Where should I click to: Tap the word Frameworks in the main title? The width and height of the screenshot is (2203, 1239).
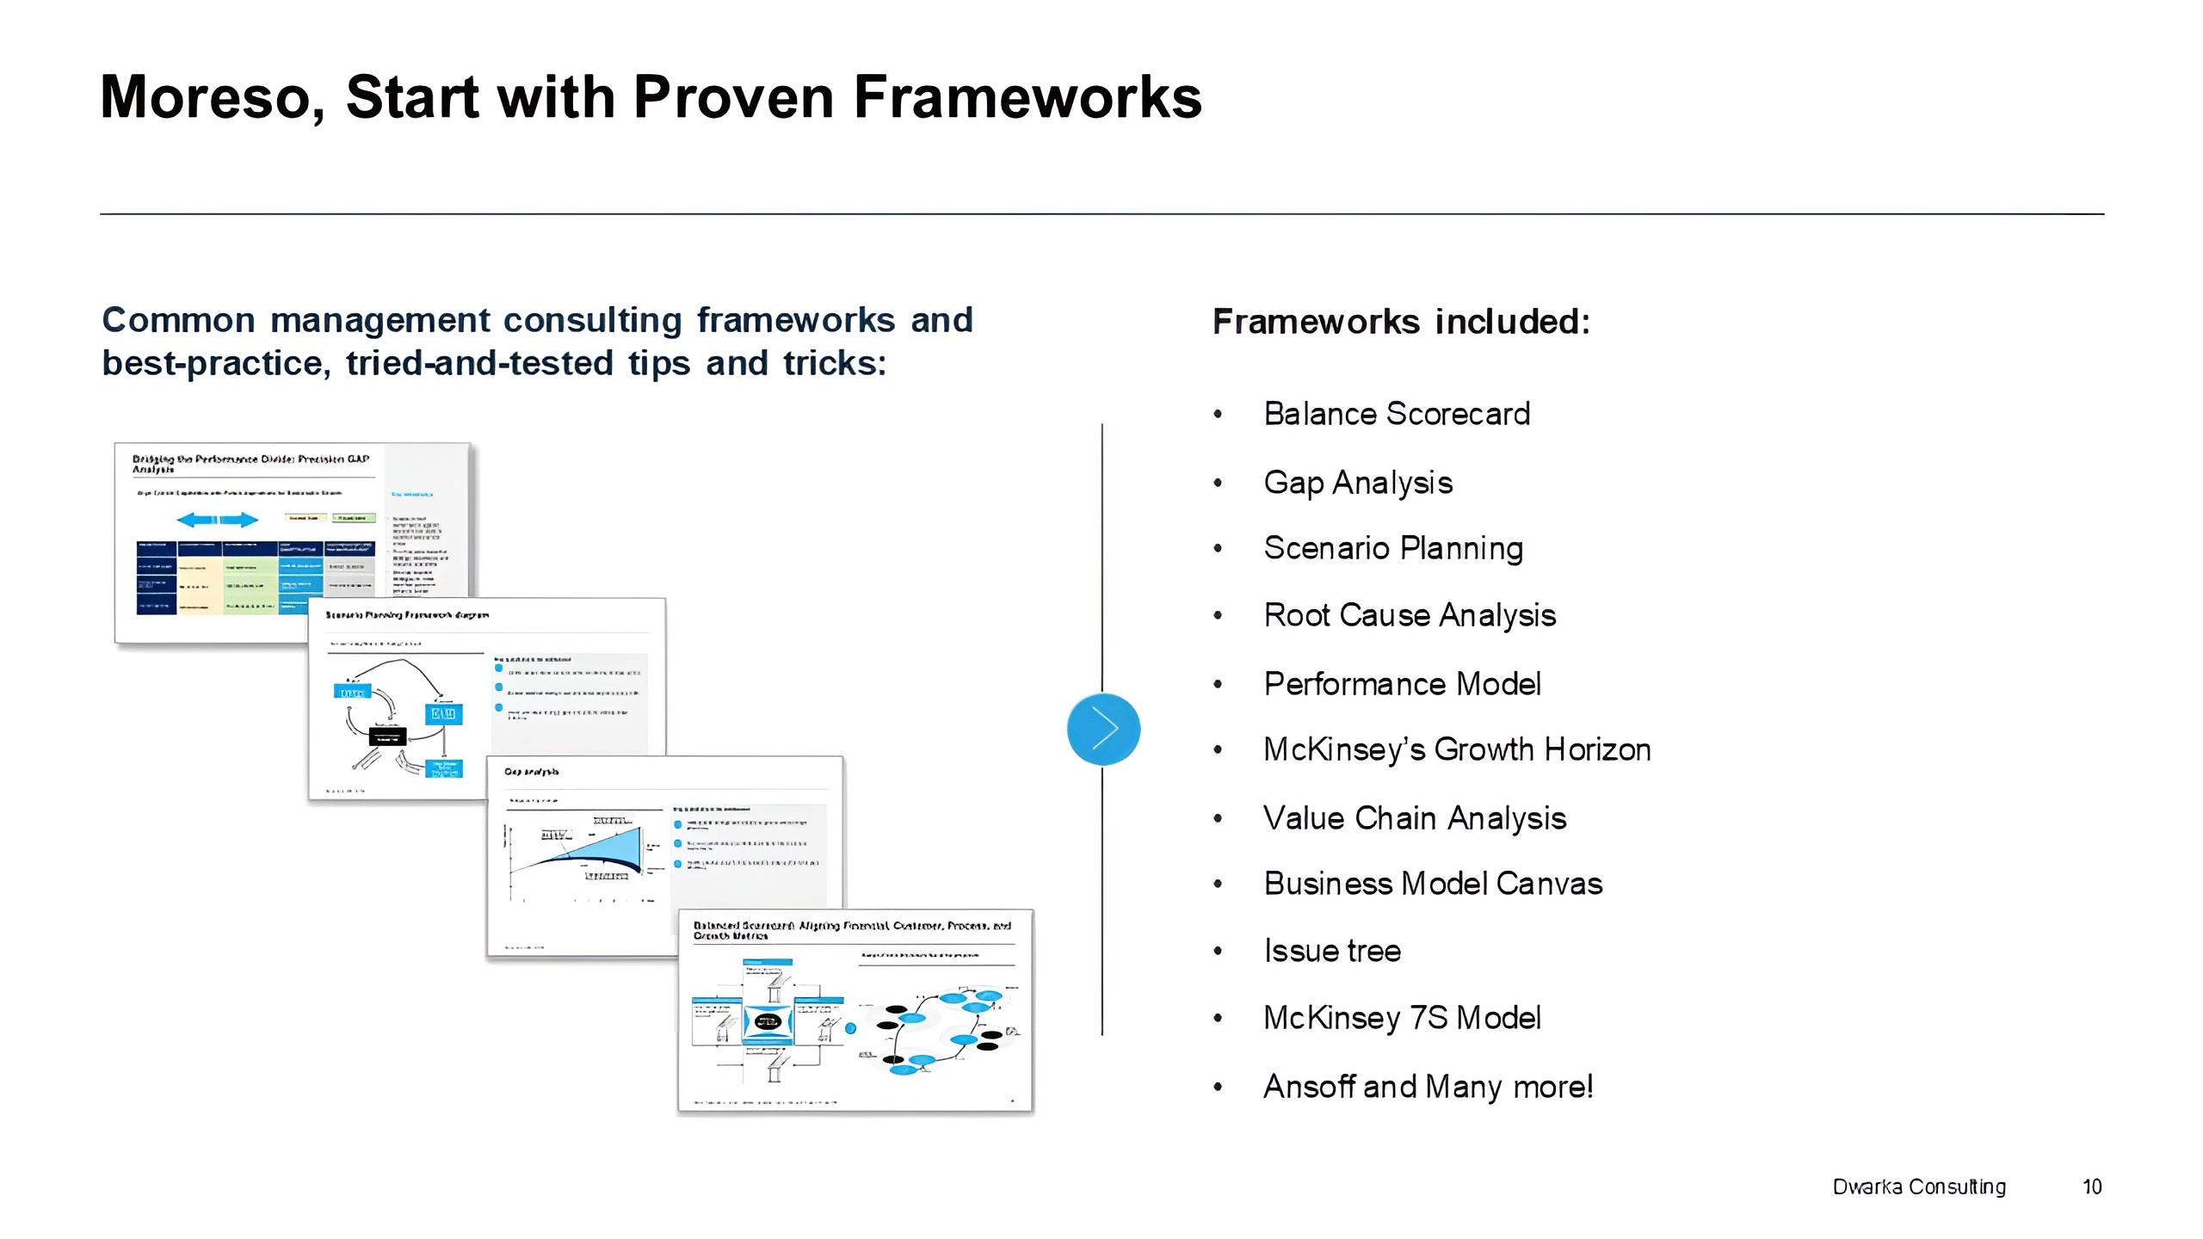coord(1027,97)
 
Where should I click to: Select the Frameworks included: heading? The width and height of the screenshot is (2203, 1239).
coord(1401,322)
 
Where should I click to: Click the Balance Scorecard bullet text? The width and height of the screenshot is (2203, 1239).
coord(1397,414)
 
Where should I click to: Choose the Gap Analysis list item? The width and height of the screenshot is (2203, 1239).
coord(1358,483)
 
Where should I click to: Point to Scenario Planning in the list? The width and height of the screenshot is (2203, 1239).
coord(1393,548)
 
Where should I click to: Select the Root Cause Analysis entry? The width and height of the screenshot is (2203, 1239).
coord(1410,615)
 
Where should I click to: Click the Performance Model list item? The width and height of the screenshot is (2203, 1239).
coord(1402,684)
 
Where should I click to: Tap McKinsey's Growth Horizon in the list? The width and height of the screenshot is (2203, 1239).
coord(1457,749)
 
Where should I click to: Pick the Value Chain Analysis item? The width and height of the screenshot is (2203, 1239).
coord(1415,818)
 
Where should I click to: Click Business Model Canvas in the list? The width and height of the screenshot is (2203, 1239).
coord(1433,884)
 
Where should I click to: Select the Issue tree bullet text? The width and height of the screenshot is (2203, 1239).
coord(1332,951)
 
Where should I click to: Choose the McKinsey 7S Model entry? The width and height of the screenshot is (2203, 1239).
coord(1402,1018)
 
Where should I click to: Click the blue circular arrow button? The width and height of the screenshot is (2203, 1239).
coord(1103,729)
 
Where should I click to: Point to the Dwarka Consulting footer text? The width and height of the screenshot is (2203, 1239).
coord(1919,1187)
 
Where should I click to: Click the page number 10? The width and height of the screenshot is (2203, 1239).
coord(2092,1187)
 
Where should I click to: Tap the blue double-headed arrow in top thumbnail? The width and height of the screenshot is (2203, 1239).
coord(217,520)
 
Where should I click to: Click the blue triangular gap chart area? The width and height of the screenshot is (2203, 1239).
coord(611,848)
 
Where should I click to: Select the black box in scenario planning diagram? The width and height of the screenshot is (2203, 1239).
coord(387,737)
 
